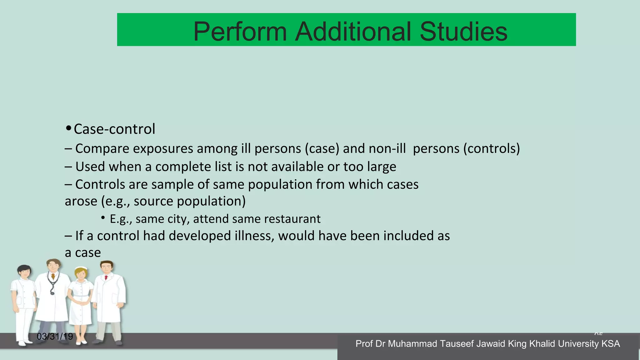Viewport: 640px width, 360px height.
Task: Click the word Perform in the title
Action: click(240, 32)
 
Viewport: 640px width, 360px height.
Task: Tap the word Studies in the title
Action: click(463, 32)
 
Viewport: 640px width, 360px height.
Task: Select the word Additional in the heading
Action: click(353, 32)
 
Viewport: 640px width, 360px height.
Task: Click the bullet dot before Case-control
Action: click(69, 128)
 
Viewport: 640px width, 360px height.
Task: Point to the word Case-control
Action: click(114, 129)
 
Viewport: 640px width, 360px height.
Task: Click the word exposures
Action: click(163, 149)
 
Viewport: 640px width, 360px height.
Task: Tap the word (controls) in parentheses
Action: click(491, 149)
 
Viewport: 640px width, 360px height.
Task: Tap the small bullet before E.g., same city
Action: click(103, 218)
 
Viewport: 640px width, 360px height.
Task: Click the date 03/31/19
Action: click(55, 337)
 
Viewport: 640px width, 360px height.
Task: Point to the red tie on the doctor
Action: click(106, 277)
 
